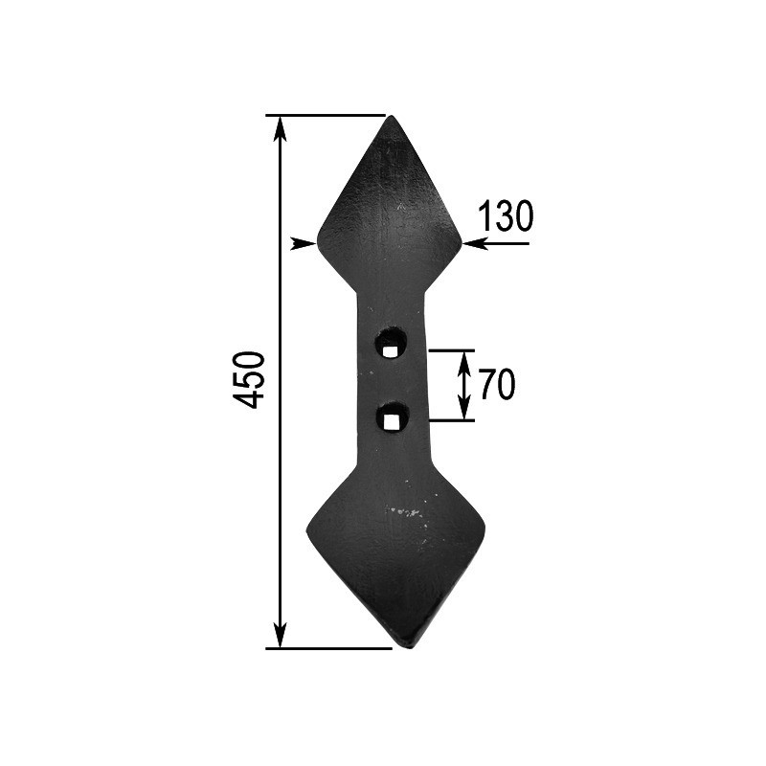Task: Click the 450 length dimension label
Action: pos(250,380)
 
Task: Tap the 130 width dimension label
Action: pos(505,217)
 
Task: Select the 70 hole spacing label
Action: pos(497,385)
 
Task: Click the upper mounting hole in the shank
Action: pos(390,342)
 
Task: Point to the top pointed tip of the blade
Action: pos(390,118)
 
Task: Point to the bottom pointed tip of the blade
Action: pos(410,646)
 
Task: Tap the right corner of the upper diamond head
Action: pos(461,243)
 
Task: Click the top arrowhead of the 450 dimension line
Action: pos(280,125)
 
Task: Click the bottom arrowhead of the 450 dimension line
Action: pos(280,637)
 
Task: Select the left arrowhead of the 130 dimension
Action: pos(304,243)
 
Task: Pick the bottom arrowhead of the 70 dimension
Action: pos(464,411)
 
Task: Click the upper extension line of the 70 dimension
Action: pos(450,350)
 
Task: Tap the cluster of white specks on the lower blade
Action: pos(407,512)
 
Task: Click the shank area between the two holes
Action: pos(391,379)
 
